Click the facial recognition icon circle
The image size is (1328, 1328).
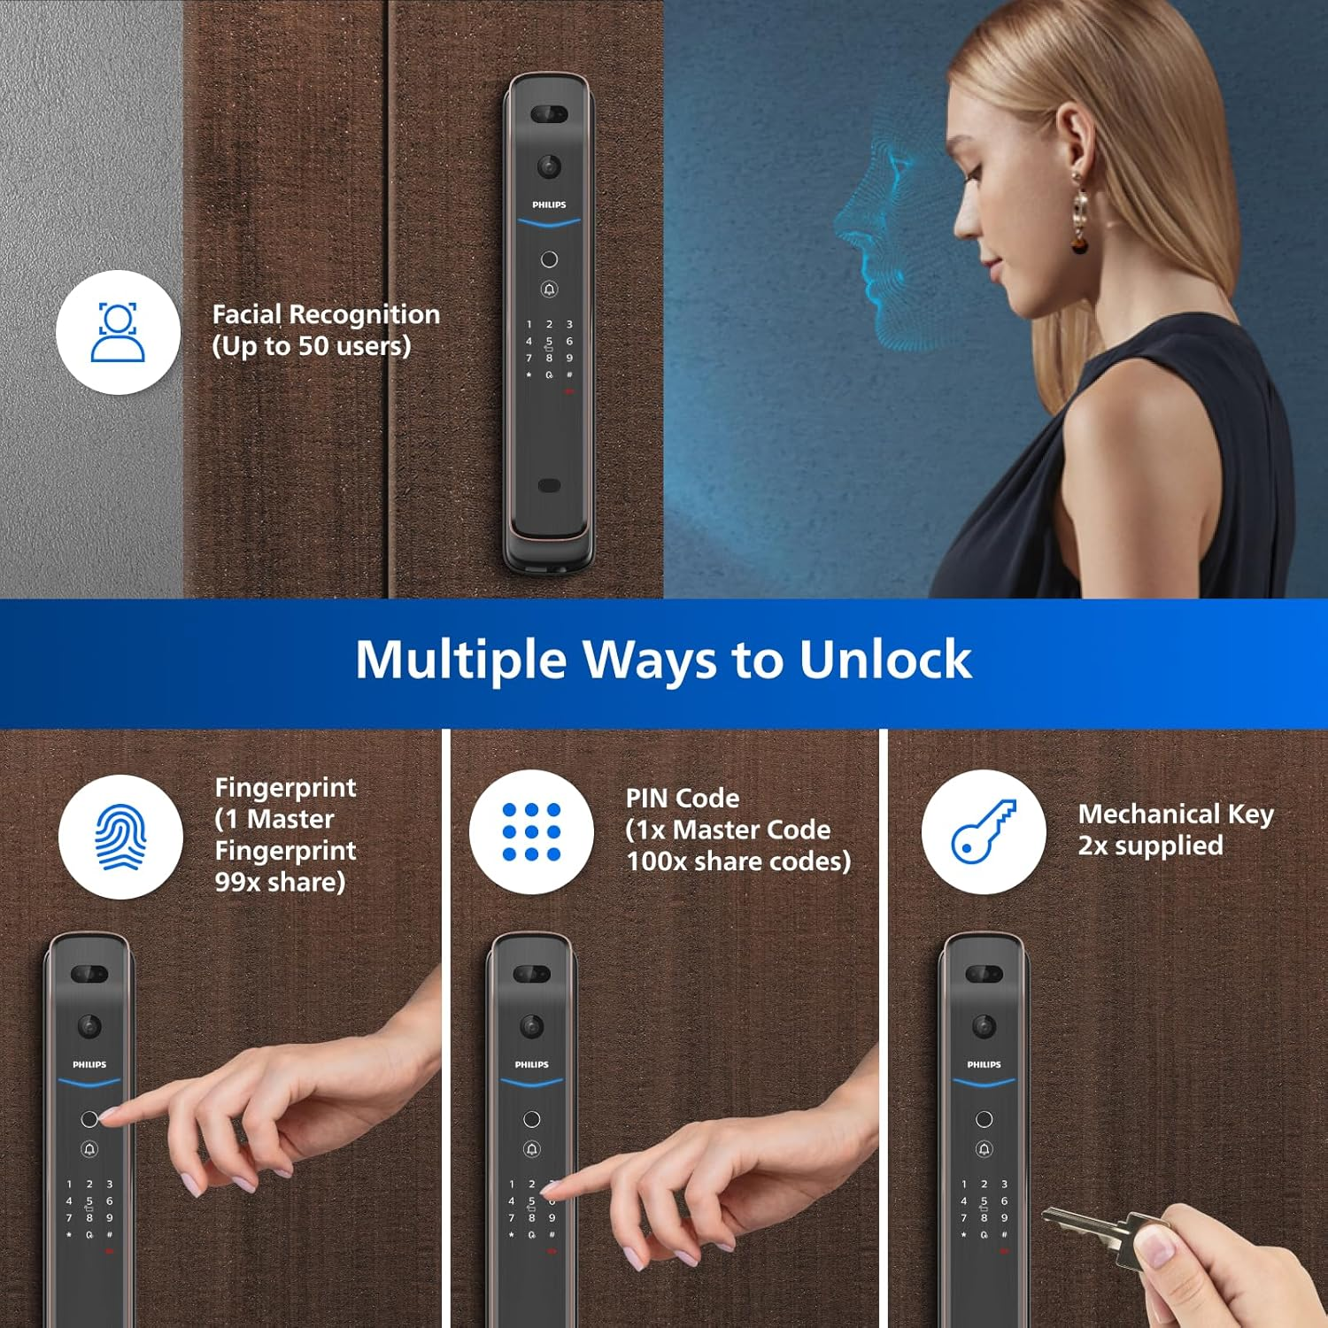point(118,332)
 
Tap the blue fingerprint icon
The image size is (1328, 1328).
point(120,837)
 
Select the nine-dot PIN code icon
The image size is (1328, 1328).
point(531,831)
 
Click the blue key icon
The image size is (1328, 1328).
point(983,831)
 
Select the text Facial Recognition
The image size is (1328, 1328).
point(326,314)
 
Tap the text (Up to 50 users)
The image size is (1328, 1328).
point(311,346)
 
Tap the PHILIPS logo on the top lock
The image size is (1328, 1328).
point(549,205)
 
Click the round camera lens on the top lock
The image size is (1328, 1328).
point(549,166)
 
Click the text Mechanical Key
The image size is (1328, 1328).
point(1176,814)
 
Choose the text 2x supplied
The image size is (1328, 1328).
point(1150,846)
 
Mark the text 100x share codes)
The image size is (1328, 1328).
point(738,861)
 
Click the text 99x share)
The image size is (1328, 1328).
point(280,882)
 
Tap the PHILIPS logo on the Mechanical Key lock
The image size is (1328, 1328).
point(984,1064)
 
